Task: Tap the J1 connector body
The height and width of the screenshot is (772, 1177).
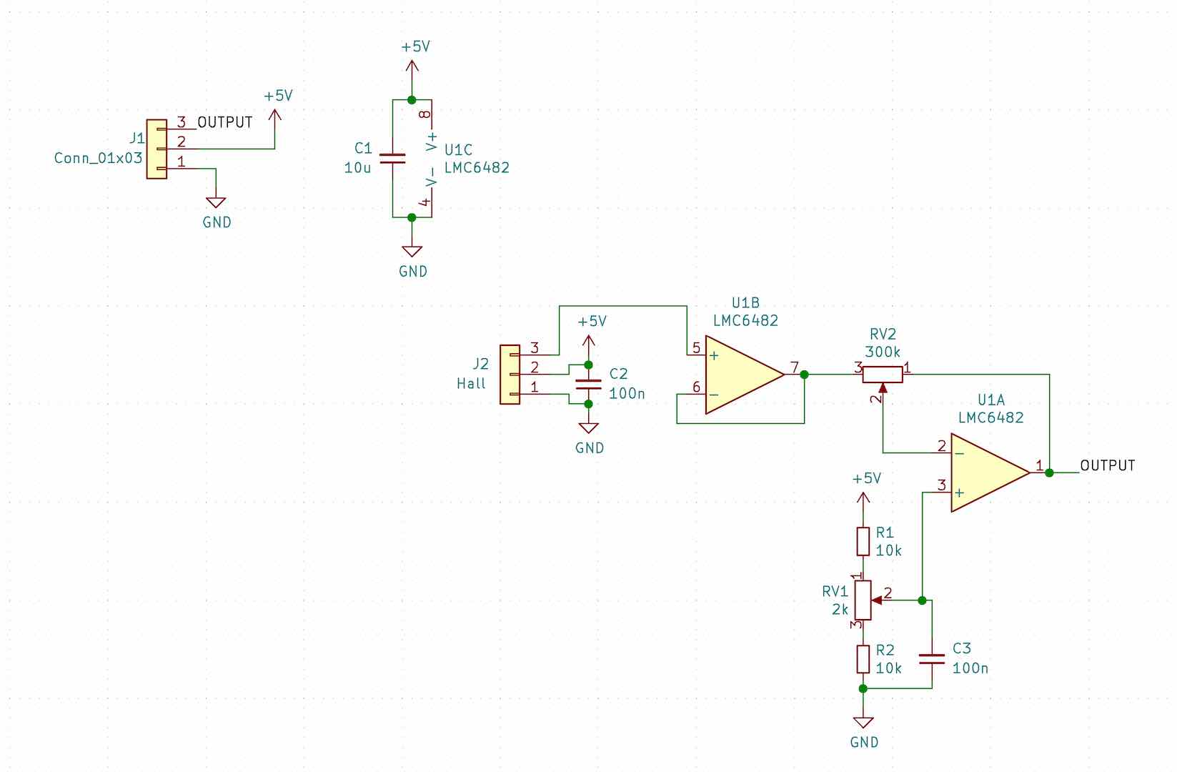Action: [x=157, y=149]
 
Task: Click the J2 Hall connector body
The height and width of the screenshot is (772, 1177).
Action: [x=510, y=375]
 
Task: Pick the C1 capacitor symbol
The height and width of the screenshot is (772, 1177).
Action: [x=393, y=158]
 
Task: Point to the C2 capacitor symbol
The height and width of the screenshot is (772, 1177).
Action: [x=588, y=385]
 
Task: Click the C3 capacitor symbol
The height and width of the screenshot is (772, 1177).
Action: [x=932, y=658]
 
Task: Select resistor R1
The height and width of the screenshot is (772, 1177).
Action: [x=863, y=541]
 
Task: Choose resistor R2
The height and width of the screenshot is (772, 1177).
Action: [x=863, y=658]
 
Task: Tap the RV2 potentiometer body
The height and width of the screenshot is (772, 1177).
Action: [x=883, y=374]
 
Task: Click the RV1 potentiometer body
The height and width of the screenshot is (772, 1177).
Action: [x=863, y=600]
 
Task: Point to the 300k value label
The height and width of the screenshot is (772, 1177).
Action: [x=883, y=352]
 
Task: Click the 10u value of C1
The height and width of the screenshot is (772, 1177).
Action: [x=357, y=169]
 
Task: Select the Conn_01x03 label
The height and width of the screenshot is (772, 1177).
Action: [x=98, y=158]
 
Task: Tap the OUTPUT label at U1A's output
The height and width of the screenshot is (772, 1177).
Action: [x=1107, y=465]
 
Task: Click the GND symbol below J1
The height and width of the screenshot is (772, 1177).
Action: [x=216, y=203]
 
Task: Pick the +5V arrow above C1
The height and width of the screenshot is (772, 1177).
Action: [x=412, y=66]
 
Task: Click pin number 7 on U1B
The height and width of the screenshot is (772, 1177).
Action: [x=793, y=367]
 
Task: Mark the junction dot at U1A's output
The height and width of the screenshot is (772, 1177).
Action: [x=1049, y=472]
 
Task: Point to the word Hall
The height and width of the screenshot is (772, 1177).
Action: [x=471, y=384]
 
